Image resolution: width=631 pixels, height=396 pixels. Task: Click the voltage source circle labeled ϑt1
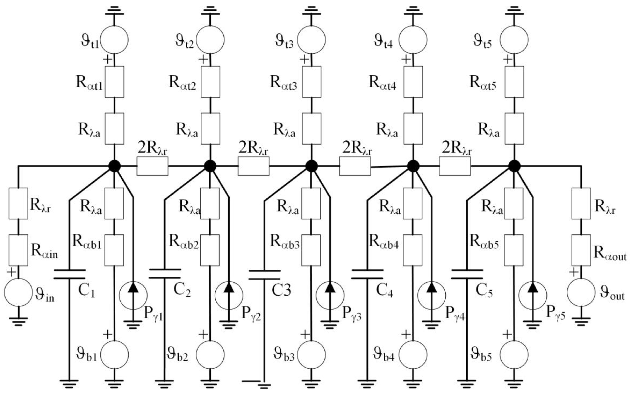114,40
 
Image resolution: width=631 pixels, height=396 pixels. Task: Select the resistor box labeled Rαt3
311,82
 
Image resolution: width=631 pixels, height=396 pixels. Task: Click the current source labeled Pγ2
229,295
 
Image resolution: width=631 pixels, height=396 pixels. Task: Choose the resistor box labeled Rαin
18,250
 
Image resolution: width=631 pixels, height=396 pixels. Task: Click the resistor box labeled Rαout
581,250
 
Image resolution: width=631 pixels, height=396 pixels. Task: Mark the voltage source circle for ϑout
581,292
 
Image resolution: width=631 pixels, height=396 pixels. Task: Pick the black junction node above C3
311,166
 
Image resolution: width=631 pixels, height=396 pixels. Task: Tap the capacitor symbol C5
467,274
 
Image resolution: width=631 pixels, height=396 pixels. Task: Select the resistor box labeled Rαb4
413,250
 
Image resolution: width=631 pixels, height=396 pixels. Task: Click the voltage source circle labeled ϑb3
311,355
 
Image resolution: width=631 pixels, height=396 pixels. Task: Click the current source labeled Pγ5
533,295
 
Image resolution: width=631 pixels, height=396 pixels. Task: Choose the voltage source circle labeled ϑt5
514,40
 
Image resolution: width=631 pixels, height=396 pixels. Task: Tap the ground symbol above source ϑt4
413,11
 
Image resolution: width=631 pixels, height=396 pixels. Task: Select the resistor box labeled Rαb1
114,250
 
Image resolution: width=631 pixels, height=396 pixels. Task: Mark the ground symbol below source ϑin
18,321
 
